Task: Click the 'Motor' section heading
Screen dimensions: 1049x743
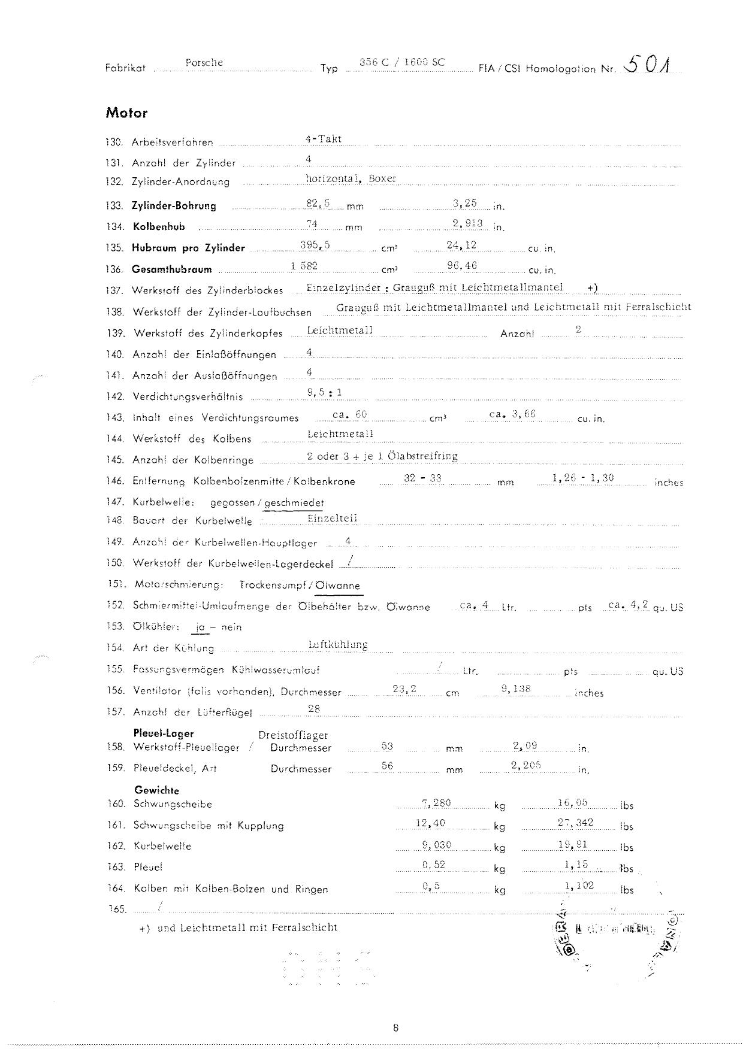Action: point(126,113)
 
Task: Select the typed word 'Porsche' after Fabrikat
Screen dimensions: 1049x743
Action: point(204,62)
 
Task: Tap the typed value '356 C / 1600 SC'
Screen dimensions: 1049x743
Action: point(401,62)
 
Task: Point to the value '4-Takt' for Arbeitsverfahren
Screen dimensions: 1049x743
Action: point(323,139)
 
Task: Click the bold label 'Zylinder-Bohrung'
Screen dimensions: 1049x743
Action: point(174,206)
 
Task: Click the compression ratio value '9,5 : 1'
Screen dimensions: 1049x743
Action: point(324,393)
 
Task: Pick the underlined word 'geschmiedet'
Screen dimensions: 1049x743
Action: point(294,503)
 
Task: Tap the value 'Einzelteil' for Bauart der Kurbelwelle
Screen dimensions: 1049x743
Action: point(332,519)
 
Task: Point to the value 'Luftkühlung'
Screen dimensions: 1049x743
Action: point(337,645)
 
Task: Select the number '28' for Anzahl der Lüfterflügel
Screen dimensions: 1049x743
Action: point(313,709)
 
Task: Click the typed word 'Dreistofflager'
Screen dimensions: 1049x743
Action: point(293,735)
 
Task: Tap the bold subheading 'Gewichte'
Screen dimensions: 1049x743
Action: point(156,790)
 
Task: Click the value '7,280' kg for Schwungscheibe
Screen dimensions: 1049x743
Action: point(436,803)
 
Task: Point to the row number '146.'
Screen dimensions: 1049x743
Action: point(115,481)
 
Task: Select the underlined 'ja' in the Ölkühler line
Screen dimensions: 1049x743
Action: point(200,627)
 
